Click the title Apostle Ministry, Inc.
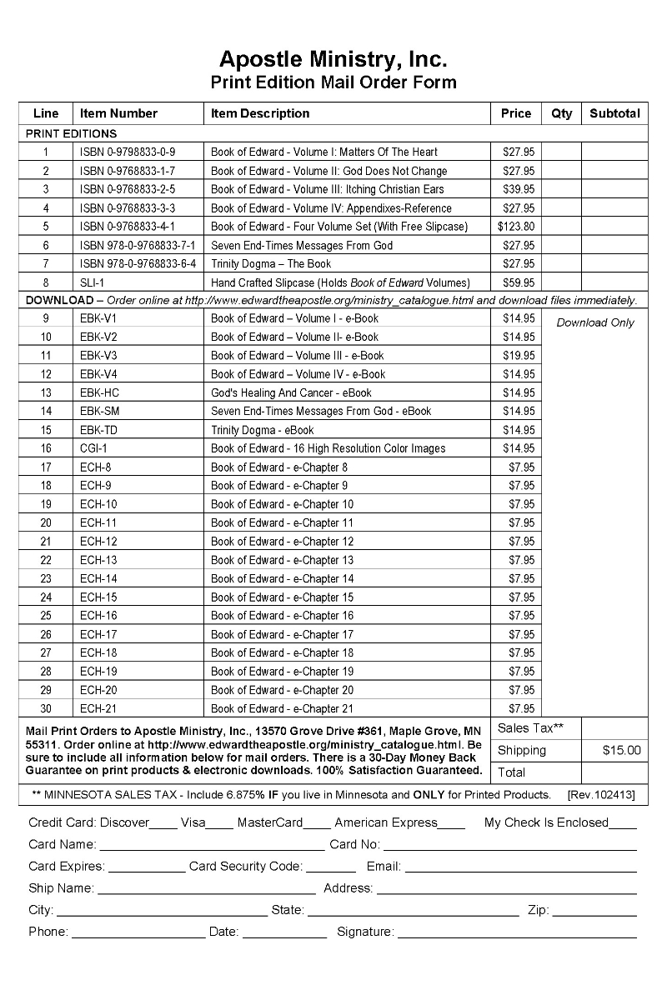[333, 59]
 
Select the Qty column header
[562, 113]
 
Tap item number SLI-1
[92, 282]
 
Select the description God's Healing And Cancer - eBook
[291, 392]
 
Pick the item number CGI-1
[94, 448]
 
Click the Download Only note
[595, 322]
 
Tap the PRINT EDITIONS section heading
[72, 133]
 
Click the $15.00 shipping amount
[621, 750]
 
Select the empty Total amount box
[614, 772]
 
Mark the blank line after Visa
[219, 827]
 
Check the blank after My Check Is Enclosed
[623, 827]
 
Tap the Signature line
[517, 936]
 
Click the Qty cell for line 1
[562, 152]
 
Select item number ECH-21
[98, 709]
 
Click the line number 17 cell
[46, 467]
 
